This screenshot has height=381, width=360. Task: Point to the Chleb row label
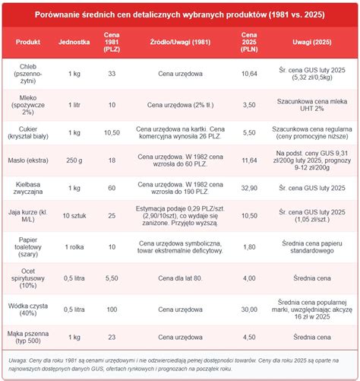click(x=28, y=73)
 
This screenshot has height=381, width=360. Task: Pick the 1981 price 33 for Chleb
click(x=112, y=73)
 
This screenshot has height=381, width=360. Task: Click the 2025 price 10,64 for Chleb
click(x=248, y=73)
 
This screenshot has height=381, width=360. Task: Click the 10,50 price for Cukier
click(x=112, y=132)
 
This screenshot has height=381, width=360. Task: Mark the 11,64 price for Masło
click(x=248, y=160)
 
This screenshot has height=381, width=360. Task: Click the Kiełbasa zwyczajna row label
click(x=28, y=188)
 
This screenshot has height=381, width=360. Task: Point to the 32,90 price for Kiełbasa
click(x=248, y=188)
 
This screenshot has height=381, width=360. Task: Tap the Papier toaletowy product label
click(x=28, y=246)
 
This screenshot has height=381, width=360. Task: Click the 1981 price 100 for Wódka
click(x=112, y=309)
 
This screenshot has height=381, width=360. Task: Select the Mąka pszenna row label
click(x=28, y=336)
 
